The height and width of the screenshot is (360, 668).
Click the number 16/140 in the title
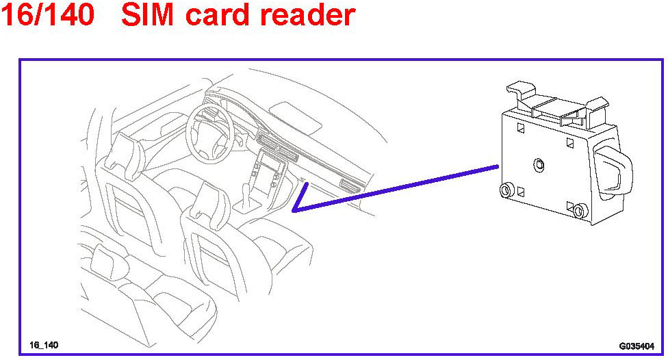click(x=47, y=16)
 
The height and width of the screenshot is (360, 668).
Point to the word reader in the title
click(x=311, y=16)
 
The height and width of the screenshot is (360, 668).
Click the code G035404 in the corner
click(x=636, y=346)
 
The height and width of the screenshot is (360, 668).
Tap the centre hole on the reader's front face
click(x=539, y=164)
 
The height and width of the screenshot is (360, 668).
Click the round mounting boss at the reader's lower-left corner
click(x=507, y=190)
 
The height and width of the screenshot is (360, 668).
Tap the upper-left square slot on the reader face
click(x=520, y=127)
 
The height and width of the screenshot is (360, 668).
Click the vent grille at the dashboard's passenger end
click(x=350, y=186)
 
